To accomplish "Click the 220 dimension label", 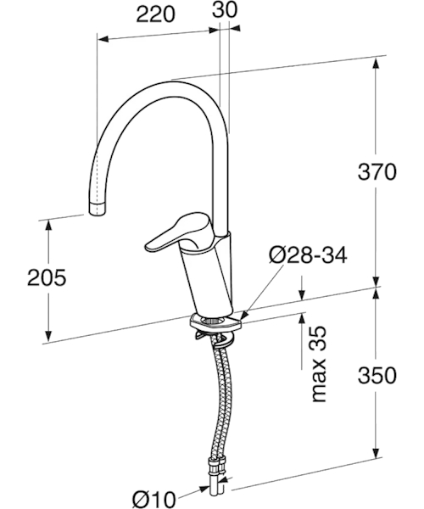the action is [155, 14].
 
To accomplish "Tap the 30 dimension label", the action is [225, 9].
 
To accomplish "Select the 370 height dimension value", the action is [377, 171].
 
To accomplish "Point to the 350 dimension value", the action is [377, 375].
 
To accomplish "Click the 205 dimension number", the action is [47, 277].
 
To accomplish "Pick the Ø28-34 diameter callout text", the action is [308, 255].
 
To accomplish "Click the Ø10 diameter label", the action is [154, 499].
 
